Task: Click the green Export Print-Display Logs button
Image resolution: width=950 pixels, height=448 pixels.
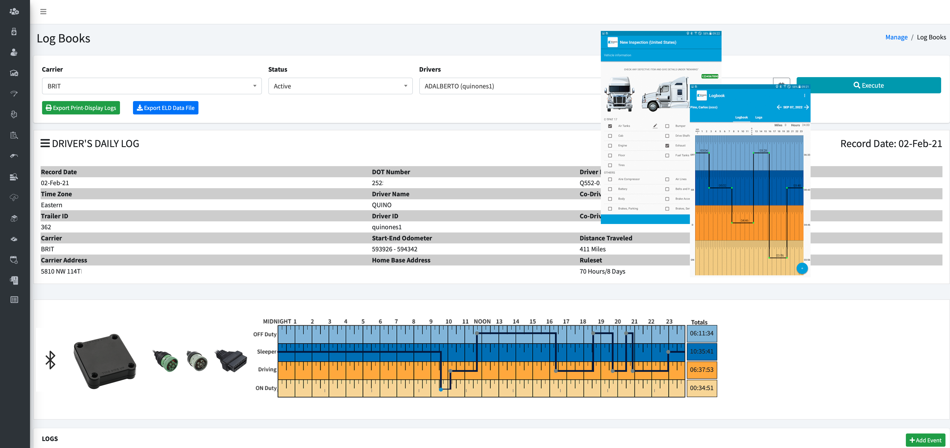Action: [x=81, y=108]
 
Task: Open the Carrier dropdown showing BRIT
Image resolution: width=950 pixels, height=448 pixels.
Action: [x=151, y=86]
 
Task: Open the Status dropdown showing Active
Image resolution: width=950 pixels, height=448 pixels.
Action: [x=340, y=86]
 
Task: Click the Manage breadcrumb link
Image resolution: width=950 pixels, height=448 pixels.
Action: [x=896, y=37]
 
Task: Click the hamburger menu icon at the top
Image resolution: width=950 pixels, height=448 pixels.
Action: [x=43, y=12]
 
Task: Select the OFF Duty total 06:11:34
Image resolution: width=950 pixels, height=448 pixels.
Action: [x=701, y=333]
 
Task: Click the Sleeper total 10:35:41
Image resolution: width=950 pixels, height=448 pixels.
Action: [x=701, y=351]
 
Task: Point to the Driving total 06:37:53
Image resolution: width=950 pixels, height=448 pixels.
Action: [x=701, y=369]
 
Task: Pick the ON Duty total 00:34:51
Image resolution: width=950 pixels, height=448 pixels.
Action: [x=701, y=388]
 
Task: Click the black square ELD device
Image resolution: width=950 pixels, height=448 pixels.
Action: [x=105, y=361]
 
